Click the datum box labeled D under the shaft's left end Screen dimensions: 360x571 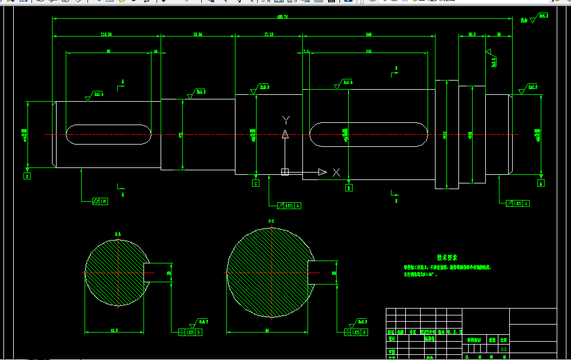[x=27, y=177]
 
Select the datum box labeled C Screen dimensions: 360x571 [x=255, y=183]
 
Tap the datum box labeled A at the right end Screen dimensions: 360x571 [x=541, y=183]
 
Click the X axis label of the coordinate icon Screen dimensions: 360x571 [x=336, y=172]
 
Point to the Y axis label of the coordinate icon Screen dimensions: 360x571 [x=286, y=119]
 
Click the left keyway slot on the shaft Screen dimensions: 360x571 [x=109, y=134]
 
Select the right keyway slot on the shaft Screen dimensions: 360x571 [x=368, y=134]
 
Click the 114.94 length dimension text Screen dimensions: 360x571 [x=106, y=35]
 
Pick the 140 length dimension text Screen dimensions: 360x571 [x=369, y=35]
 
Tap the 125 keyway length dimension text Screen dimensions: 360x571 [x=369, y=51]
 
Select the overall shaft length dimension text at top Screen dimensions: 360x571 [x=282, y=17]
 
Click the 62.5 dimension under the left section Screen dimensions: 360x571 [x=114, y=330]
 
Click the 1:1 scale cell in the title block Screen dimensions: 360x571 [x=503, y=348]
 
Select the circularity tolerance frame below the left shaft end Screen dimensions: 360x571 [x=101, y=201]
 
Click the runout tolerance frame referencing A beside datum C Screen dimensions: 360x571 [x=289, y=205]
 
